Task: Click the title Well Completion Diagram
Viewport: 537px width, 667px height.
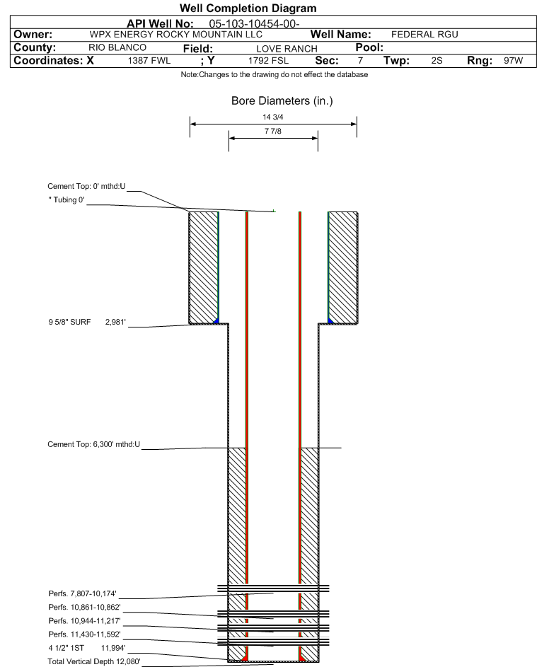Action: pos(248,8)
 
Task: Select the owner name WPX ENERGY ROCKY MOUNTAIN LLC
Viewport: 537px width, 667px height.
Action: pos(176,35)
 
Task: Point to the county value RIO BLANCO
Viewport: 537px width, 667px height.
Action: pos(117,47)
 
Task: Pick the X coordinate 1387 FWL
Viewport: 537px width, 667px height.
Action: pos(149,61)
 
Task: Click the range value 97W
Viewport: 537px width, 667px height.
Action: pos(513,61)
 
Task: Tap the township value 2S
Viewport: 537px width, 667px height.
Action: pos(437,61)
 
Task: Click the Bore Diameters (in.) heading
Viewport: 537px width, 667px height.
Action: pos(282,101)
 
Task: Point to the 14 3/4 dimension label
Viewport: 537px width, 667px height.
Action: pos(272,117)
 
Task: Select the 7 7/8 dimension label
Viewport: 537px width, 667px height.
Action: pos(272,132)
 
